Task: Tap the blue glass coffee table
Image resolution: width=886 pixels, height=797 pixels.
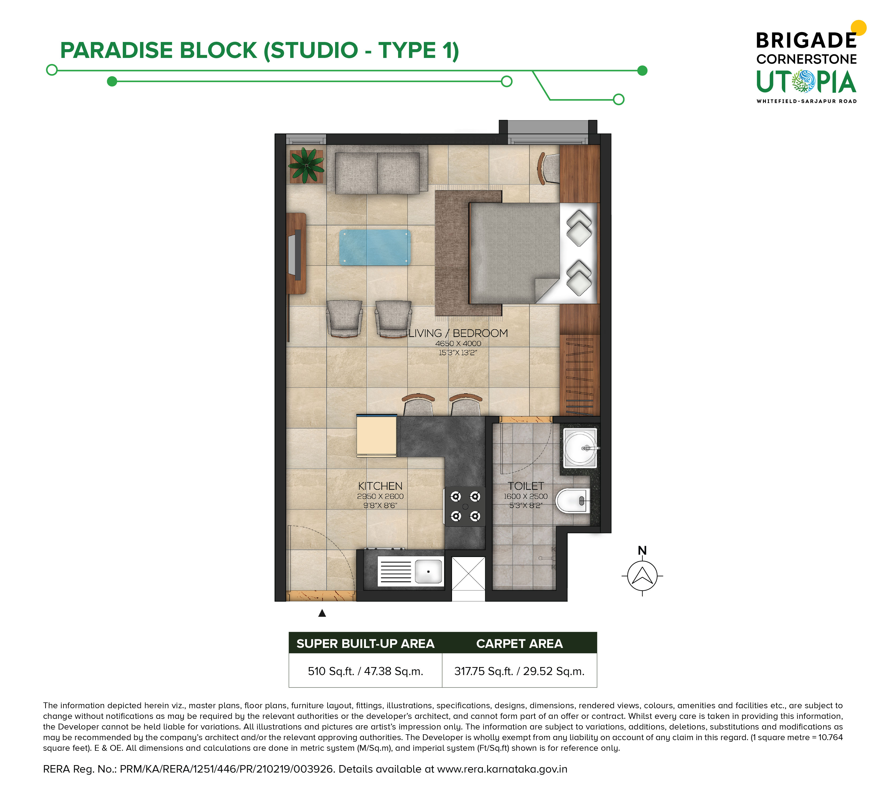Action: [x=375, y=247]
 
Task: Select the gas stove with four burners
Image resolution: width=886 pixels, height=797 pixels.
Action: [x=465, y=506]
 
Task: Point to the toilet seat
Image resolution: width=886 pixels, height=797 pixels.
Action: [x=573, y=500]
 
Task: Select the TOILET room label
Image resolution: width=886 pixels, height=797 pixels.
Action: [x=526, y=486]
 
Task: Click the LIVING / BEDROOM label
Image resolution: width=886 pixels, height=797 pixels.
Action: [x=458, y=333]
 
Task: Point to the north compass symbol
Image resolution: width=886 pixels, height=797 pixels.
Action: [x=642, y=575]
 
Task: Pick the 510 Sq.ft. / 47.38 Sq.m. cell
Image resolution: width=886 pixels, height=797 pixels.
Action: [x=365, y=671]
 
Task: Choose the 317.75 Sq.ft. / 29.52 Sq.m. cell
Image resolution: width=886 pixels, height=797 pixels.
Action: [x=520, y=671]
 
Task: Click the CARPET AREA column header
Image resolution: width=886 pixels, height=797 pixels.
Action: [x=520, y=643]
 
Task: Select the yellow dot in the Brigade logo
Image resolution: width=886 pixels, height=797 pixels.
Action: [x=858, y=28]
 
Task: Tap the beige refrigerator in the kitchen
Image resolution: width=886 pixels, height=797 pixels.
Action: [x=377, y=436]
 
